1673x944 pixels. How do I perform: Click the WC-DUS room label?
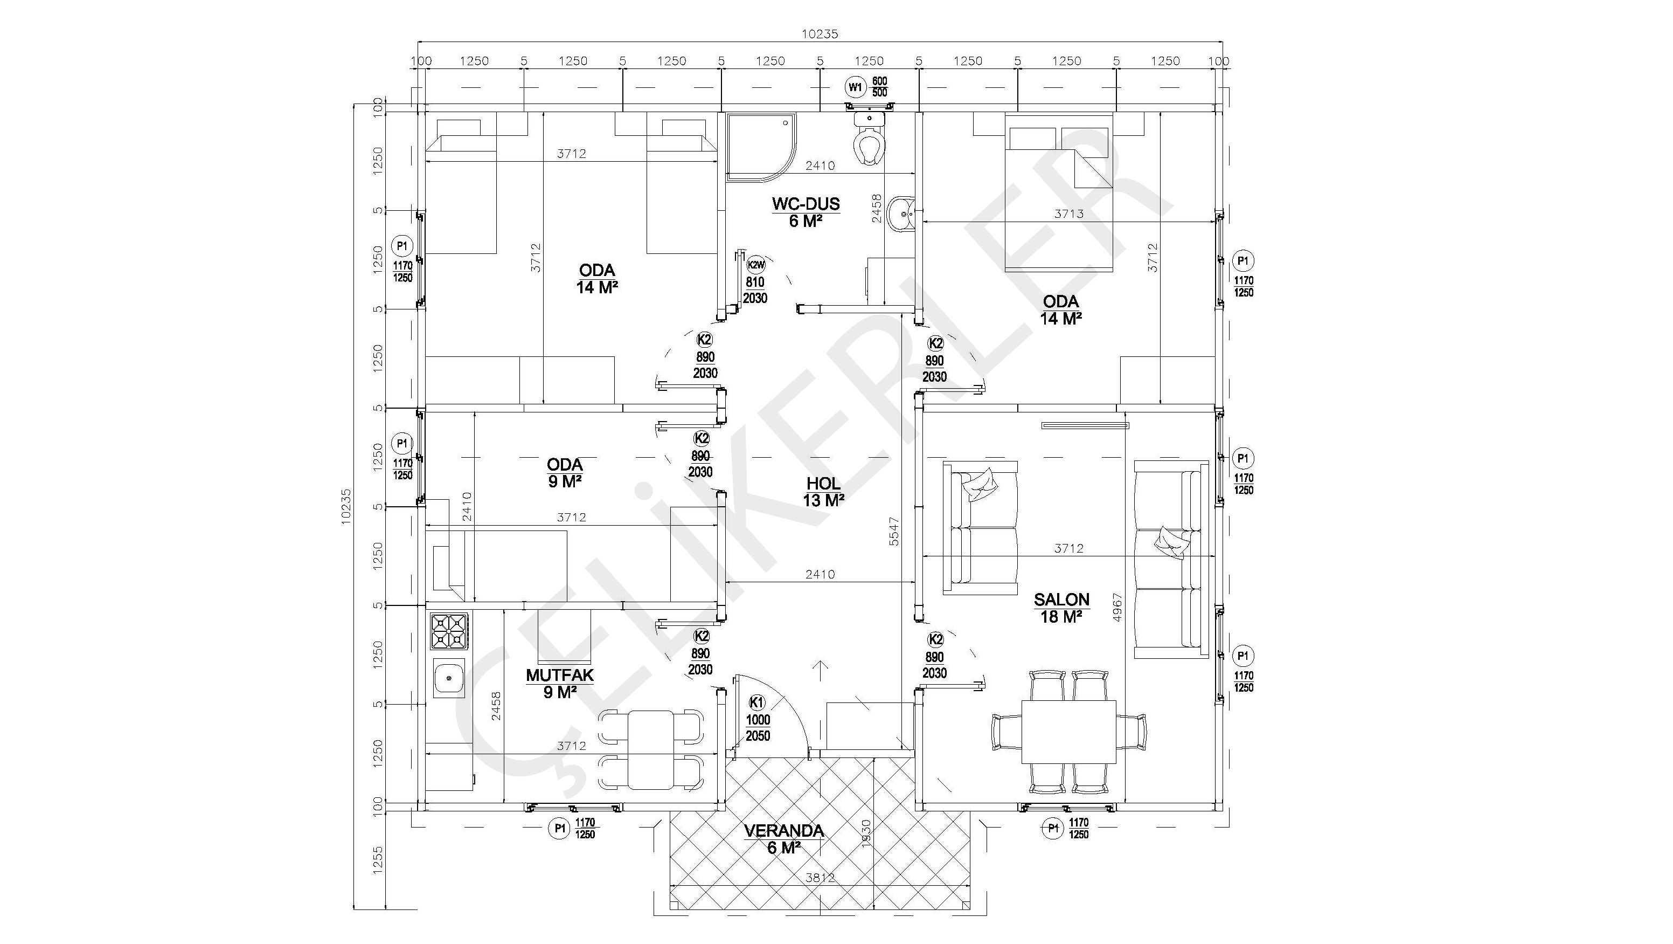coord(806,204)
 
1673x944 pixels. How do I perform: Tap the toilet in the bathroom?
coord(869,137)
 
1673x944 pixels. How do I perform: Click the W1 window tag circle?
coord(855,86)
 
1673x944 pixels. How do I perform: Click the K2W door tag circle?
coord(756,265)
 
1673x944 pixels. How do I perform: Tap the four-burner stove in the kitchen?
coord(449,631)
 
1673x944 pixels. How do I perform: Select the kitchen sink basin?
coord(449,678)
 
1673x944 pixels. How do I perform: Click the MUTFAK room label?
coord(560,675)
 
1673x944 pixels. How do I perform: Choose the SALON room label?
coord(1062,600)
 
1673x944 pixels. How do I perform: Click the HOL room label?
coord(823,484)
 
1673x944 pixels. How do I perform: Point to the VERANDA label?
coord(784,831)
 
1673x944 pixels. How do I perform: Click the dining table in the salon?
coord(1069,732)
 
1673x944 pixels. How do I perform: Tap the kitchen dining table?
coord(651,750)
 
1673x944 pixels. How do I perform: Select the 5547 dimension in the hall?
coord(894,531)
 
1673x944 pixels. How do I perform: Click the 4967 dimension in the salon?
coord(1117,608)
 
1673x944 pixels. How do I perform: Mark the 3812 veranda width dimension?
coord(820,878)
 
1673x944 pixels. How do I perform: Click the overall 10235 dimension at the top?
coord(820,35)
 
